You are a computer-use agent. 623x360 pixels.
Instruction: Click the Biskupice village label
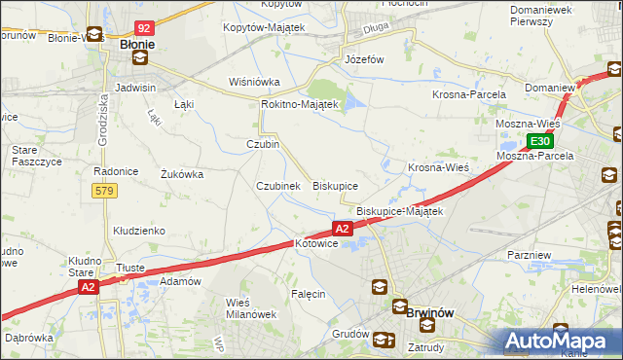tap(335, 185)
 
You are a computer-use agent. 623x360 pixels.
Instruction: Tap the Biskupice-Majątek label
tap(399, 211)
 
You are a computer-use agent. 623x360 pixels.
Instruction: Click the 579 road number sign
tap(105, 191)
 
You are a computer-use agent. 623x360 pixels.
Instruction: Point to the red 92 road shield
tap(144, 29)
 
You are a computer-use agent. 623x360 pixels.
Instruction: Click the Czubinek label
tap(277, 185)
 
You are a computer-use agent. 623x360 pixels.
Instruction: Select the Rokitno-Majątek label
tap(299, 104)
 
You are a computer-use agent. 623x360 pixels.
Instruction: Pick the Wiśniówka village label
tap(254, 82)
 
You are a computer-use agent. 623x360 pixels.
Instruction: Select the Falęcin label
tap(308, 293)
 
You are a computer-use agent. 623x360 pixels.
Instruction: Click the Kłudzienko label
tap(138, 231)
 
